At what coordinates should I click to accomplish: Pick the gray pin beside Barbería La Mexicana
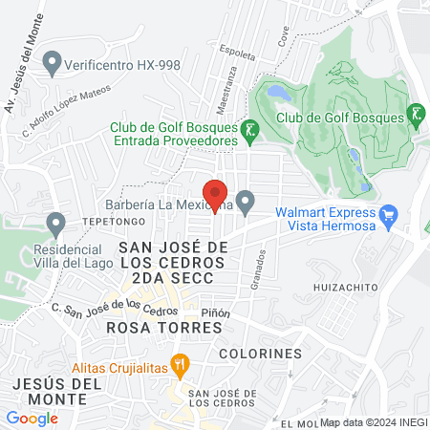coord(246,202)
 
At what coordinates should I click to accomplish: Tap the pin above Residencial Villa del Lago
coord(56,225)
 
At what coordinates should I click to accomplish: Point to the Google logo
coord(32,418)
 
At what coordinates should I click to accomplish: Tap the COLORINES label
coord(260,354)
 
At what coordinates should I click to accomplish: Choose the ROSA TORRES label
coord(164,328)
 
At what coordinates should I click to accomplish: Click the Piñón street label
coord(215,312)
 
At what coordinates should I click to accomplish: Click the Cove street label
coord(283,36)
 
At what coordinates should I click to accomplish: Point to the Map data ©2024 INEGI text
coord(373,421)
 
